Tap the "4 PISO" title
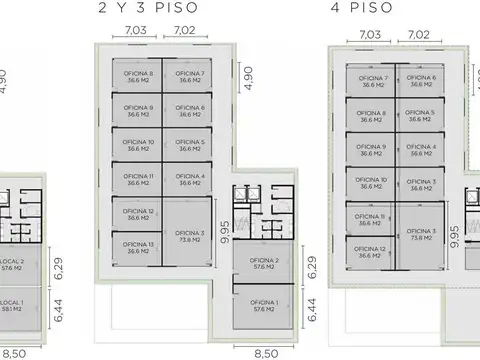[x=361, y=11]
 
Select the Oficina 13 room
[x=137, y=248]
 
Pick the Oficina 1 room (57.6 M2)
[x=264, y=307]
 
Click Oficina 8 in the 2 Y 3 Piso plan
[x=137, y=75]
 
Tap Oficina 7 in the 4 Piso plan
[x=372, y=81]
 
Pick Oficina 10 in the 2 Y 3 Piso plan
[x=137, y=145]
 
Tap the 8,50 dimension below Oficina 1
[x=266, y=352]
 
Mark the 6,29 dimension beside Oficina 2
[x=312, y=267]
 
